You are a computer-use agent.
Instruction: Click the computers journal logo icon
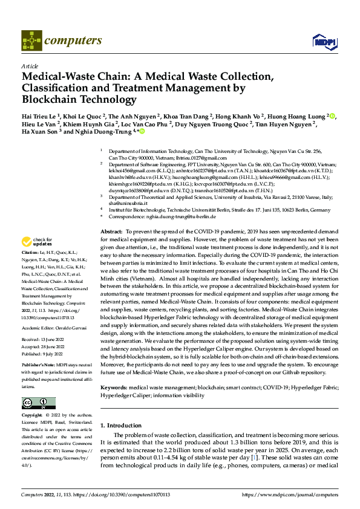point(31,41)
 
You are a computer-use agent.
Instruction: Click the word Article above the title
point(30,66)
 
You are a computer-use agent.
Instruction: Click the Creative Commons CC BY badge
point(38,403)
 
